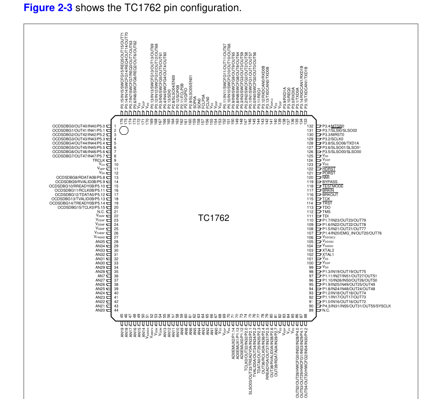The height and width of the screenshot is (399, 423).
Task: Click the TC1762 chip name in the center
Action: click(214, 218)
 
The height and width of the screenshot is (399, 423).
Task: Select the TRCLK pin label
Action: click(99, 160)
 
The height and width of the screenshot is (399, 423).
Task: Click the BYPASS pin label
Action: click(330, 182)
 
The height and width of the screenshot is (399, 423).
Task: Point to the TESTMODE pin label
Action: click(332, 186)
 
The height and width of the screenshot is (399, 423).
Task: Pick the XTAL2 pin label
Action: click(328, 251)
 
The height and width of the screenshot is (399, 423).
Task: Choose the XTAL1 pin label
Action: click(328, 255)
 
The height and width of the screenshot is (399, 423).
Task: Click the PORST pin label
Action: click(329, 173)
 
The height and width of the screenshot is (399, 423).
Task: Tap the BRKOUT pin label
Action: click(330, 194)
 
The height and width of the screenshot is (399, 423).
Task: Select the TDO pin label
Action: click(326, 207)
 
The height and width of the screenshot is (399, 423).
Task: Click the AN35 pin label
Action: click(100, 242)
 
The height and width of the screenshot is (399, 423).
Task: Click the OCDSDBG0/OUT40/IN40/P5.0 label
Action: click(79, 126)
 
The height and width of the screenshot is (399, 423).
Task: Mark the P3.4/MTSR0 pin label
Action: click(333, 126)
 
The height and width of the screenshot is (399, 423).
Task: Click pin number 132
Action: click(311, 126)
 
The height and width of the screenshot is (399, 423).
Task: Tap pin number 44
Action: click(116, 310)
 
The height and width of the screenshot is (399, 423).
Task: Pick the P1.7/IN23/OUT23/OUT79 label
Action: click(344, 220)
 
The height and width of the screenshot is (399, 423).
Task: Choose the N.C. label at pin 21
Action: click(101, 212)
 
